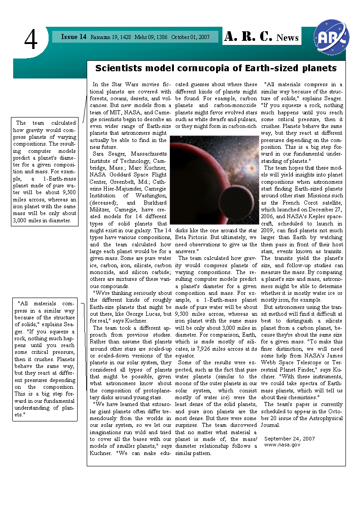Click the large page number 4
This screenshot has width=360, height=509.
pos(31,40)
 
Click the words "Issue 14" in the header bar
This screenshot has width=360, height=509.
pos(74,37)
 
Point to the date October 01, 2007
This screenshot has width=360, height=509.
pos(190,37)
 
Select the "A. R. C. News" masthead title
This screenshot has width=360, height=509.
pos(261,37)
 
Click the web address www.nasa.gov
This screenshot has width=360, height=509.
pos(282,445)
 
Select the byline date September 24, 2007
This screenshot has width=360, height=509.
pos(289,439)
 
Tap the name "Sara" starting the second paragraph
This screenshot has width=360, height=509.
pos(100,154)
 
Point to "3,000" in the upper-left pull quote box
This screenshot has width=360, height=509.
pos(24,221)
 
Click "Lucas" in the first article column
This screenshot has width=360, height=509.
pos(147,314)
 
